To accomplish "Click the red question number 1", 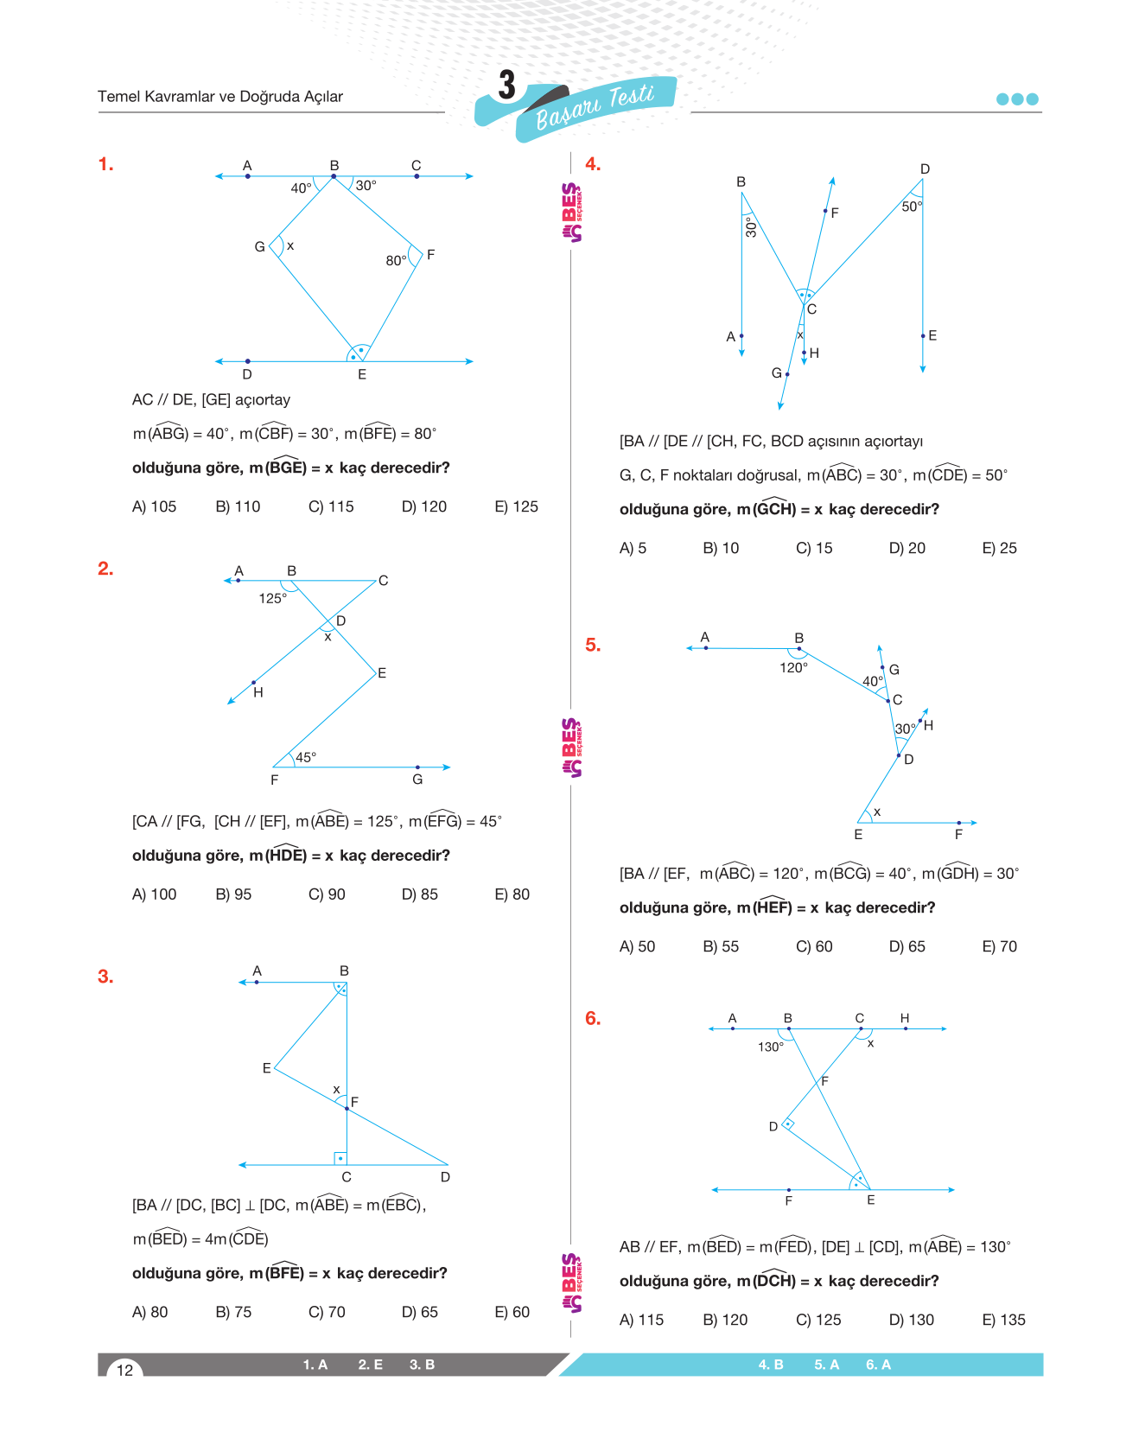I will tap(105, 164).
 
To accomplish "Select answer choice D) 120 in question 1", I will tap(423, 506).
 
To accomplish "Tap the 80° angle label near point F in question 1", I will tap(396, 260).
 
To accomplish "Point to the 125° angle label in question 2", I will tap(272, 598).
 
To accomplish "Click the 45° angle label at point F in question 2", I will tap(306, 757).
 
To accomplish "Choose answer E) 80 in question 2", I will tap(512, 894).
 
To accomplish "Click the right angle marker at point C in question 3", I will tap(340, 1158).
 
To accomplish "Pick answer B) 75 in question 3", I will tap(233, 1312).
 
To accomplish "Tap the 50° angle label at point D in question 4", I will tap(912, 207).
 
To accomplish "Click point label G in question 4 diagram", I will tap(776, 372).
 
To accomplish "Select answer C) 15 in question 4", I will tap(814, 548).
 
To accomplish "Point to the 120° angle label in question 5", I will tap(793, 667).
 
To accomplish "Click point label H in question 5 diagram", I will tap(928, 725).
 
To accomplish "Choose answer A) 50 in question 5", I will tap(637, 946).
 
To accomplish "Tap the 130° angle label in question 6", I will tap(770, 1047).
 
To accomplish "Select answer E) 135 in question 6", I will tap(1003, 1320).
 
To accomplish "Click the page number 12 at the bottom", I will tap(124, 1370).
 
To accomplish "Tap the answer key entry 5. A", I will tap(826, 1365).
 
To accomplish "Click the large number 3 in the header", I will tap(507, 86).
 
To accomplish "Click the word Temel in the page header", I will tap(118, 97).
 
